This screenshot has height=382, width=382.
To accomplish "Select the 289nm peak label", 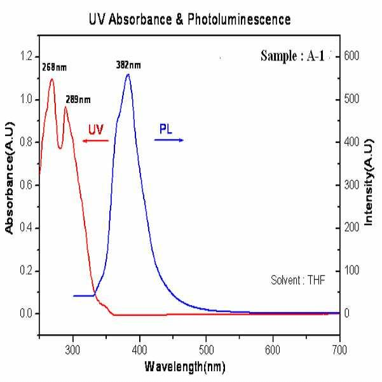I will (77, 99).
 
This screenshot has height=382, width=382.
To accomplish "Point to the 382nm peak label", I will (128, 65).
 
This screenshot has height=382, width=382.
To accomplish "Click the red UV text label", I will (96, 129).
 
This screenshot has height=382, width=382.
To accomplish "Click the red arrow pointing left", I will (95, 140).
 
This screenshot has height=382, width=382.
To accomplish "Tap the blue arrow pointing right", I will (170, 140).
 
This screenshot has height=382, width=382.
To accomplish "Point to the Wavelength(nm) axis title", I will (185, 367).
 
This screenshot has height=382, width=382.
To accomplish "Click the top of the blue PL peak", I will (128, 74).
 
